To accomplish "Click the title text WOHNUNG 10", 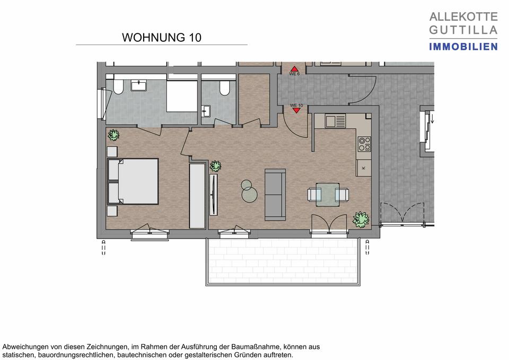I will (161, 38).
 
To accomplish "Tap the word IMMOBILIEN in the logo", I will (463, 47).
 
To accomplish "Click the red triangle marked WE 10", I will (295, 110).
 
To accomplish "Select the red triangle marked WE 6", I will (294, 69).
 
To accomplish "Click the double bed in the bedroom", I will (134, 181).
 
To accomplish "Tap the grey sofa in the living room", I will (275, 194).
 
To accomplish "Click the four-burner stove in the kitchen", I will (364, 143).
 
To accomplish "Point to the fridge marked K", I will (364, 168).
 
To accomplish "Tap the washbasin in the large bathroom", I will (141, 86).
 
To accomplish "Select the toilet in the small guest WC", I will (225, 88).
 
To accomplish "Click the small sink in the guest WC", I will (206, 110).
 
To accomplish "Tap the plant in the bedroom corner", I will (113, 135).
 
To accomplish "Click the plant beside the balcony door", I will (361, 218).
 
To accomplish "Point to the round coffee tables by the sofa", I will (248, 191).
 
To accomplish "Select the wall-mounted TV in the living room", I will (213, 195).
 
